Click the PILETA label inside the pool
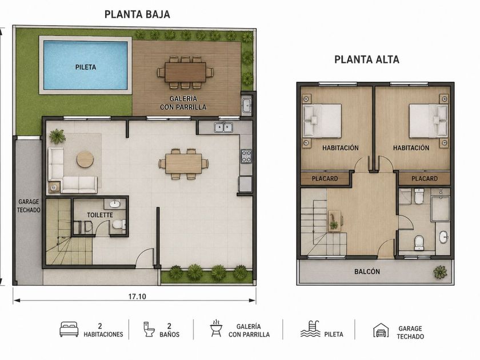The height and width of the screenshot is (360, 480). pos(86,67)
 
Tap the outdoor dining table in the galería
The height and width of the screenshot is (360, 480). pos(185,72)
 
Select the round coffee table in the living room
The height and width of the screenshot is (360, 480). pos(85,159)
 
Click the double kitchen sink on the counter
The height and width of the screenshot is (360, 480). pos(223,127)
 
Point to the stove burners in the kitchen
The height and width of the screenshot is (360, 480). pos(246,156)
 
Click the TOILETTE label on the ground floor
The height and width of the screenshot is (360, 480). pos(100,215)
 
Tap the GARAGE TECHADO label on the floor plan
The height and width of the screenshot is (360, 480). pos(29,206)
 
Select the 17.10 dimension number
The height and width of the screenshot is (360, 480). pos(137,297)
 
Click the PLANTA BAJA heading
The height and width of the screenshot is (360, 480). pos(137,14)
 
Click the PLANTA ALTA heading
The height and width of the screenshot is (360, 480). pos(367,59)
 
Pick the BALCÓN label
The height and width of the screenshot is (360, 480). pos(367,271)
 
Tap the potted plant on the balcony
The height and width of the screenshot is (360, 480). pos(440,272)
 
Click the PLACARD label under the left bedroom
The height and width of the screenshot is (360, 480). pos(325,178)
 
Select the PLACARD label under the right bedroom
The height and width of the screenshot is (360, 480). pos(424,178)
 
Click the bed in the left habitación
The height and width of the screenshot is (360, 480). pos(322,121)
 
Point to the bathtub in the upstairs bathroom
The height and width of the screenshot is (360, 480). pos(440,209)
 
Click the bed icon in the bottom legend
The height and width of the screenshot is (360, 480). pos(69,329)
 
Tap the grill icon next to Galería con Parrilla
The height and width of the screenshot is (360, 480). pos(216,329)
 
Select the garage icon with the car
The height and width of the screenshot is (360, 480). pos(381,331)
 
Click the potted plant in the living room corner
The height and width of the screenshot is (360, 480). pos(57,136)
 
